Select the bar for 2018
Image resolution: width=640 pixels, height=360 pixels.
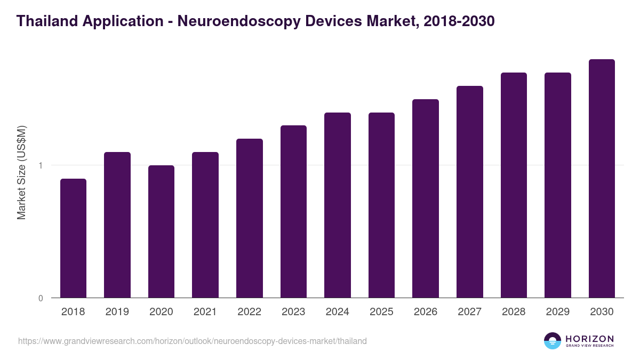(73, 238)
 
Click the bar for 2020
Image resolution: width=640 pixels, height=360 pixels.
(161, 231)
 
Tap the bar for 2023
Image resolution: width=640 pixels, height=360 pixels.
(293, 212)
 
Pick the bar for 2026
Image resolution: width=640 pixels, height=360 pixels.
(426, 198)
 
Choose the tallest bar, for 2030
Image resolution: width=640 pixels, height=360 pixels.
(602, 179)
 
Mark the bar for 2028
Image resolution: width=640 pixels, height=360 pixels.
(514, 185)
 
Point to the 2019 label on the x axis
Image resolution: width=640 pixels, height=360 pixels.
(117, 312)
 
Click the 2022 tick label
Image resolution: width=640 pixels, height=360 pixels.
(249, 312)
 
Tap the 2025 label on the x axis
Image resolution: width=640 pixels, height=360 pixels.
(381, 312)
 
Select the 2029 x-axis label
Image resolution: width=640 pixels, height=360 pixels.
(557, 312)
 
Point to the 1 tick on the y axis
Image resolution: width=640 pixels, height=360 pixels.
(41, 165)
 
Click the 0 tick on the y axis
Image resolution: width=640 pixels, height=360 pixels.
(41, 298)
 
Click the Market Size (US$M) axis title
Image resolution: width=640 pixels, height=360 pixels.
(21, 172)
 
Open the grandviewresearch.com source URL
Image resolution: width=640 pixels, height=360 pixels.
(193, 341)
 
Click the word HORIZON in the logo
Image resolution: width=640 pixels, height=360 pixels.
(590, 339)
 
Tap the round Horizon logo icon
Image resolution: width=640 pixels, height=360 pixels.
(553, 341)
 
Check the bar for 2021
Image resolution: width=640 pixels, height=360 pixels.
(205, 225)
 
